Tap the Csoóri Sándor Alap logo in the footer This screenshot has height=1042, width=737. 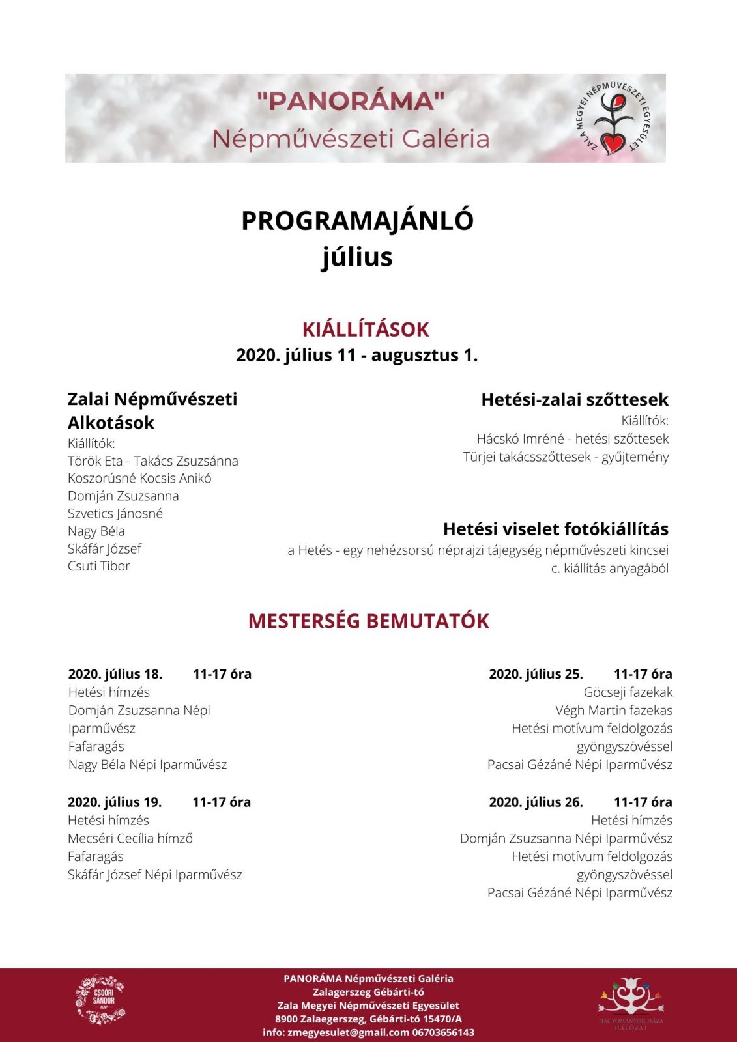100,1000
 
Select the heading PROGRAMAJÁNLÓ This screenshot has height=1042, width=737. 357,221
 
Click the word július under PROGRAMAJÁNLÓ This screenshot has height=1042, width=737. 357,257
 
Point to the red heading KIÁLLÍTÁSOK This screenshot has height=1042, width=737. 366,330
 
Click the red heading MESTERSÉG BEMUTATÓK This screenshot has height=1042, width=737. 368,621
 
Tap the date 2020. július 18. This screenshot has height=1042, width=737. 115,674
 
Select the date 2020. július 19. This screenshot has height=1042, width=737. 115,802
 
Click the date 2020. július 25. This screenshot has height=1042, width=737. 536,674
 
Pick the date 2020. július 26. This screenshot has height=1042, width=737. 536,802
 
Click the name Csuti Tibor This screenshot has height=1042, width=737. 99,566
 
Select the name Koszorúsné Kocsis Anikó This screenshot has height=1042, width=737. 139,478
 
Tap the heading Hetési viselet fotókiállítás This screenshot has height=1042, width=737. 555,529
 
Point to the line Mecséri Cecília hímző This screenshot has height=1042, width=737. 130,839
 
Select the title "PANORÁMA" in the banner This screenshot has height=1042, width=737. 351,101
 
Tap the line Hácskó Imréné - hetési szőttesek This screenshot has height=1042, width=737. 572,439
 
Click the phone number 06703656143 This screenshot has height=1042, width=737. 443,1032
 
